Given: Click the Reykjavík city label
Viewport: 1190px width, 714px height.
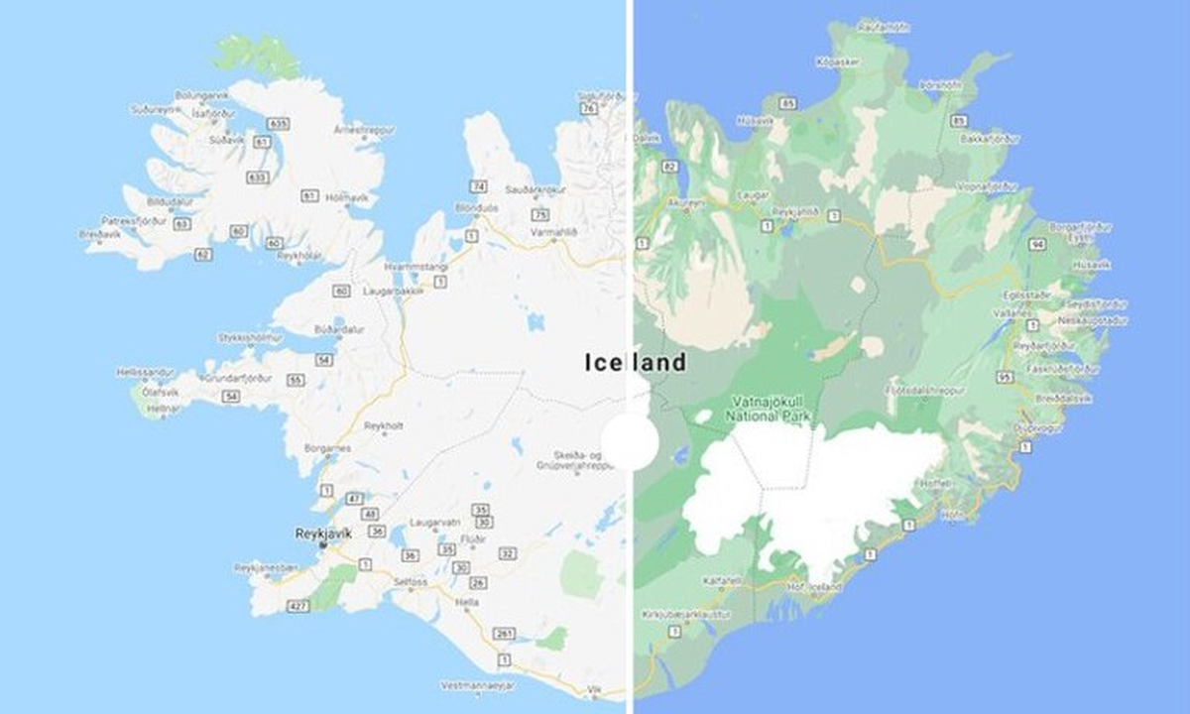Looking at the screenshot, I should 323,534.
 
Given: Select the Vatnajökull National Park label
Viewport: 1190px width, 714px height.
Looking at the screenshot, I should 771,410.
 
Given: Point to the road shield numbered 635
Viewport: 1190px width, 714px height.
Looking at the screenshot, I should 278,124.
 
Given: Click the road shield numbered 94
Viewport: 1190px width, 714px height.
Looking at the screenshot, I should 1038,243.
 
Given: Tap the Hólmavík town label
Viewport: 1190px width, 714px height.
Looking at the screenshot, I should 347,197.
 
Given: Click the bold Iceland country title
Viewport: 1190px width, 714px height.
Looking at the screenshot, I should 635,362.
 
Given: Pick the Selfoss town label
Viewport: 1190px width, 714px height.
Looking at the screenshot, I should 411,581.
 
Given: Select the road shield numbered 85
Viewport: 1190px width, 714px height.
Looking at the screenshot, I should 959,122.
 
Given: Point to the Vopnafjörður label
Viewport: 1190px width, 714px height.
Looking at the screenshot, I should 989,185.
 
